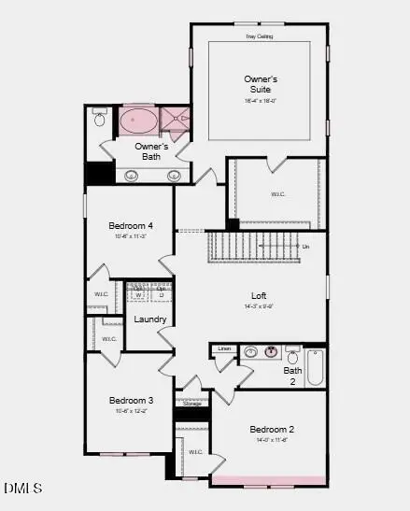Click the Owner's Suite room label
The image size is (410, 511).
pos(261,84)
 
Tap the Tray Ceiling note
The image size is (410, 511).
pos(259,36)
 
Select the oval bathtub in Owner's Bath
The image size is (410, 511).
pos(138,121)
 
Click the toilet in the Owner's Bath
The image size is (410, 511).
pos(100,119)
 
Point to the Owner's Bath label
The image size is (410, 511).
pos(151,151)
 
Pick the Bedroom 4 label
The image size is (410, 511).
pos(131,226)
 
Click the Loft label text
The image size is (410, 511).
pos(259,295)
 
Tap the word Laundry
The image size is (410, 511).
pos(150,319)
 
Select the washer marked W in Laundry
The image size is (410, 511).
pos(138,295)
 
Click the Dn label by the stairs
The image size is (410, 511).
pos(305,247)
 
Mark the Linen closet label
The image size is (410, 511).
pos(223,349)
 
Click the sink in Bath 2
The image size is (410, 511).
pos(270,352)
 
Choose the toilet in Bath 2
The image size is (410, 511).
pos(293,356)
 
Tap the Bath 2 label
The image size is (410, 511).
pos(292,376)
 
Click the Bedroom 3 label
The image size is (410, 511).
pos(131,401)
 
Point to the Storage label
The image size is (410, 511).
pos(192,404)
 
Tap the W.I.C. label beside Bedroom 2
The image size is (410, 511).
pos(195,452)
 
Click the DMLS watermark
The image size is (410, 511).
pos(22,488)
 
